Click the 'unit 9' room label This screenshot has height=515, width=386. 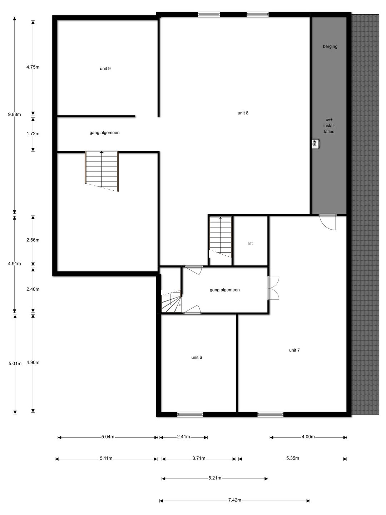click(105, 69)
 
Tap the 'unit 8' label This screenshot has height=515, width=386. click(243, 113)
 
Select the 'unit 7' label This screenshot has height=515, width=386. click(295, 350)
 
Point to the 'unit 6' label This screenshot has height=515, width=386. click(197, 357)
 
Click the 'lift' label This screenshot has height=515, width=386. click(251, 244)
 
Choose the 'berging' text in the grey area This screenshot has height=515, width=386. click(330, 46)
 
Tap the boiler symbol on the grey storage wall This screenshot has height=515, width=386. click(316, 144)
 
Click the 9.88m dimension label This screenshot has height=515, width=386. click(15, 114)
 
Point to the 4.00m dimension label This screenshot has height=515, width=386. click(308, 437)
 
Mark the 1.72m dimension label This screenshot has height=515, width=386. click(33, 134)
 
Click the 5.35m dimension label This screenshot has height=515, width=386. click(292, 458)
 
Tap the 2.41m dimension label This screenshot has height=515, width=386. click(183, 437)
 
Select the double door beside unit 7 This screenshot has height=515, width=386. click(273, 288)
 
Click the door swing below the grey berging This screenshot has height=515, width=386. click(328, 222)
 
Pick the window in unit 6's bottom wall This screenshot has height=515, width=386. click(190, 415)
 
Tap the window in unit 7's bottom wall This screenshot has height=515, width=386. click(270, 415)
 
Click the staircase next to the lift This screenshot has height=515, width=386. click(221, 237)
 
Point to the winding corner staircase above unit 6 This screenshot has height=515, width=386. click(172, 301)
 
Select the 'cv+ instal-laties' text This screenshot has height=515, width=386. click(329, 126)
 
